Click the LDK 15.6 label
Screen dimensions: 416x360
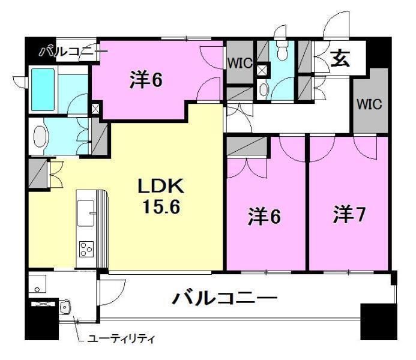click(x=161, y=196)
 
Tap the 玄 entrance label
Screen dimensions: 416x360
click(x=340, y=59)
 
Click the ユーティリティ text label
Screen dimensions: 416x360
click(x=121, y=339)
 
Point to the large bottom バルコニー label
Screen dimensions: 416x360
click(x=225, y=298)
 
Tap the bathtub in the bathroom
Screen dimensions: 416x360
click(x=43, y=89)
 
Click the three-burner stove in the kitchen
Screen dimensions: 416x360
click(x=86, y=249)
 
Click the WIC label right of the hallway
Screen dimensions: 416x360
click(x=369, y=104)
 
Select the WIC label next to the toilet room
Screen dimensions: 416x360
click(x=240, y=63)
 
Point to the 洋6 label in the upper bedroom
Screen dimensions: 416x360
click(x=146, y=80)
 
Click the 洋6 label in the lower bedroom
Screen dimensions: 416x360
click(x=264, y=217)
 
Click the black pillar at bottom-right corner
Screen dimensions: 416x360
click(x=379, y=322)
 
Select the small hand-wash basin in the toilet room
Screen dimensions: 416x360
click(x=263, y=89)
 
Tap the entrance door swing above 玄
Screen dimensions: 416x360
click(x=335, y=25)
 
